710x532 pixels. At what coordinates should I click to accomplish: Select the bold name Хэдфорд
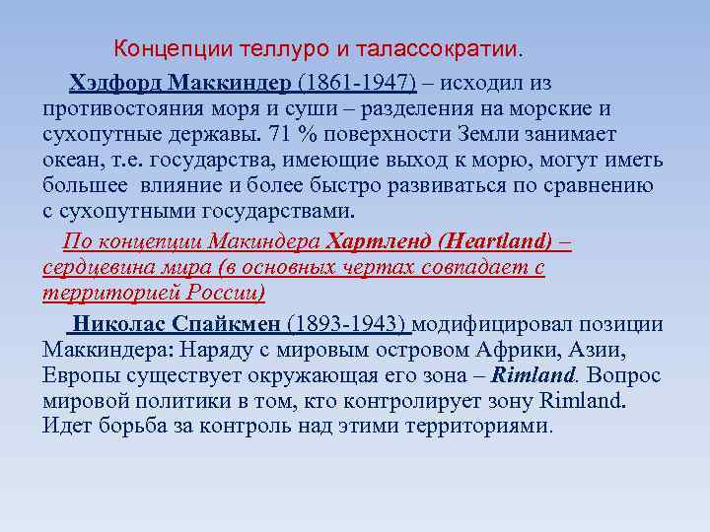click(115, 82)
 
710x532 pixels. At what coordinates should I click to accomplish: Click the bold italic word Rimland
click(532, 375)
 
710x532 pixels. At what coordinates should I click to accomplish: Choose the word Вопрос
click(623, 375)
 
